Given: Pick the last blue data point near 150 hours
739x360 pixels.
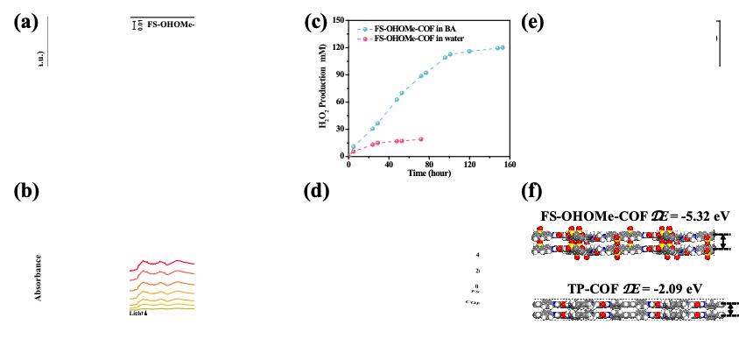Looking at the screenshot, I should (x=502, y=47).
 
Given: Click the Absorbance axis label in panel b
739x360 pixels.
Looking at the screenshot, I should (x=39, y=279).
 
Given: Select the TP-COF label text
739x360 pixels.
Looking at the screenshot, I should (x=582, y=287).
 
